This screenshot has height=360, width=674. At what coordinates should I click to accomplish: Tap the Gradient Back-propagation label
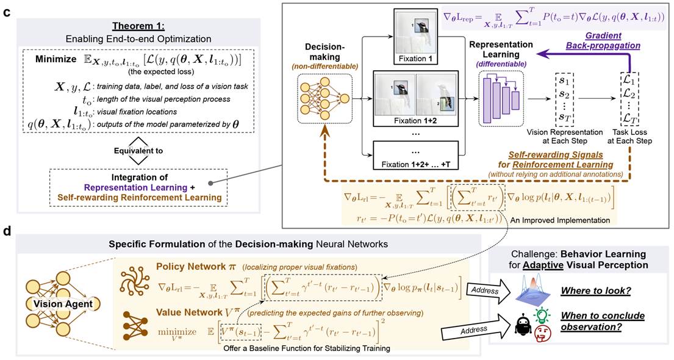603,40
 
